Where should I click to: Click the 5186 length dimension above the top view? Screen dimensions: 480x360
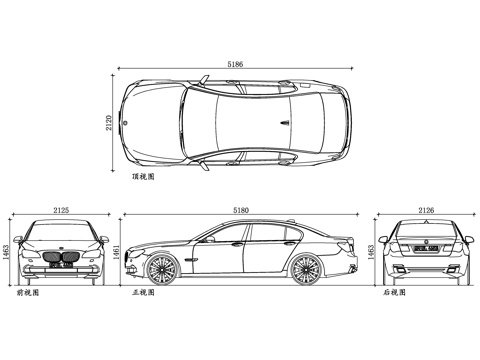pos(235,64)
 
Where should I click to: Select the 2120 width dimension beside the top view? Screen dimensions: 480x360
pos(108,123)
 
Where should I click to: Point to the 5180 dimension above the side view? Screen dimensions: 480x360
pos(240,210)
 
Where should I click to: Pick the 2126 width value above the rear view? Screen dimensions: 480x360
pos(426,210)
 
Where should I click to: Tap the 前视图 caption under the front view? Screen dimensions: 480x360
pos(27,294)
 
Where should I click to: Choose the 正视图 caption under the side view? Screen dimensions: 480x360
pos(143,294)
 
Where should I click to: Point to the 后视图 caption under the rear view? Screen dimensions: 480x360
pos(393,294)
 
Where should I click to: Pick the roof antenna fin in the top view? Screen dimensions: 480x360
pos(284,122)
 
